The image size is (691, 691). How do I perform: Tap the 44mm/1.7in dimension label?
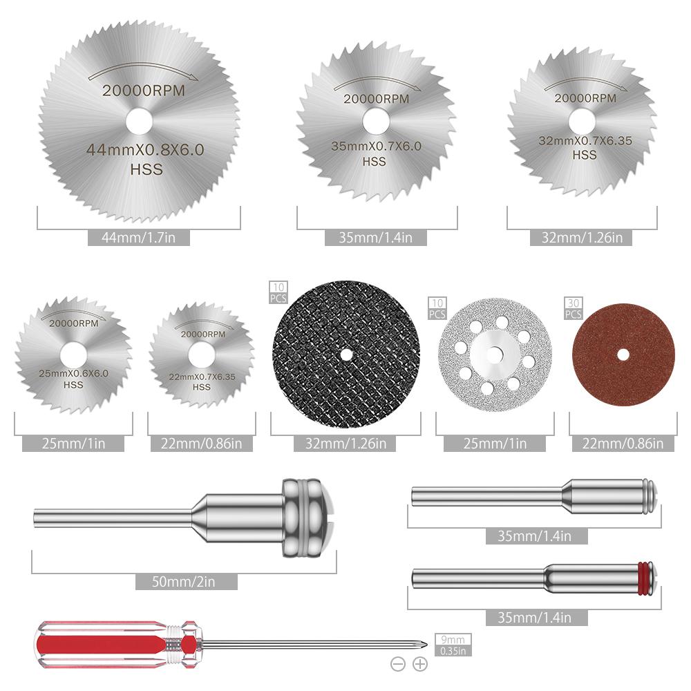[139, 238]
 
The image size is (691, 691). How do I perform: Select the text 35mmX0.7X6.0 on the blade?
[377, 146]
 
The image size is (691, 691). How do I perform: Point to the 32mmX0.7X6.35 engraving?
[585, 141]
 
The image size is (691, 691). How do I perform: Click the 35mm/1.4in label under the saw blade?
[377, 238]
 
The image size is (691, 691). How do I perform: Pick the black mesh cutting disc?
[345, 354]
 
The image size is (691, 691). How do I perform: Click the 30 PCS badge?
[573, 309]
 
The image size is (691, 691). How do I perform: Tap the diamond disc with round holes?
[494, 354]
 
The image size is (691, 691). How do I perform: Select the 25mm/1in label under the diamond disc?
[494, 444]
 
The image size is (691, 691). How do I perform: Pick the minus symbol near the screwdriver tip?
[398, 665]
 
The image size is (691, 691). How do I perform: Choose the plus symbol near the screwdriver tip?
[420, 665]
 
